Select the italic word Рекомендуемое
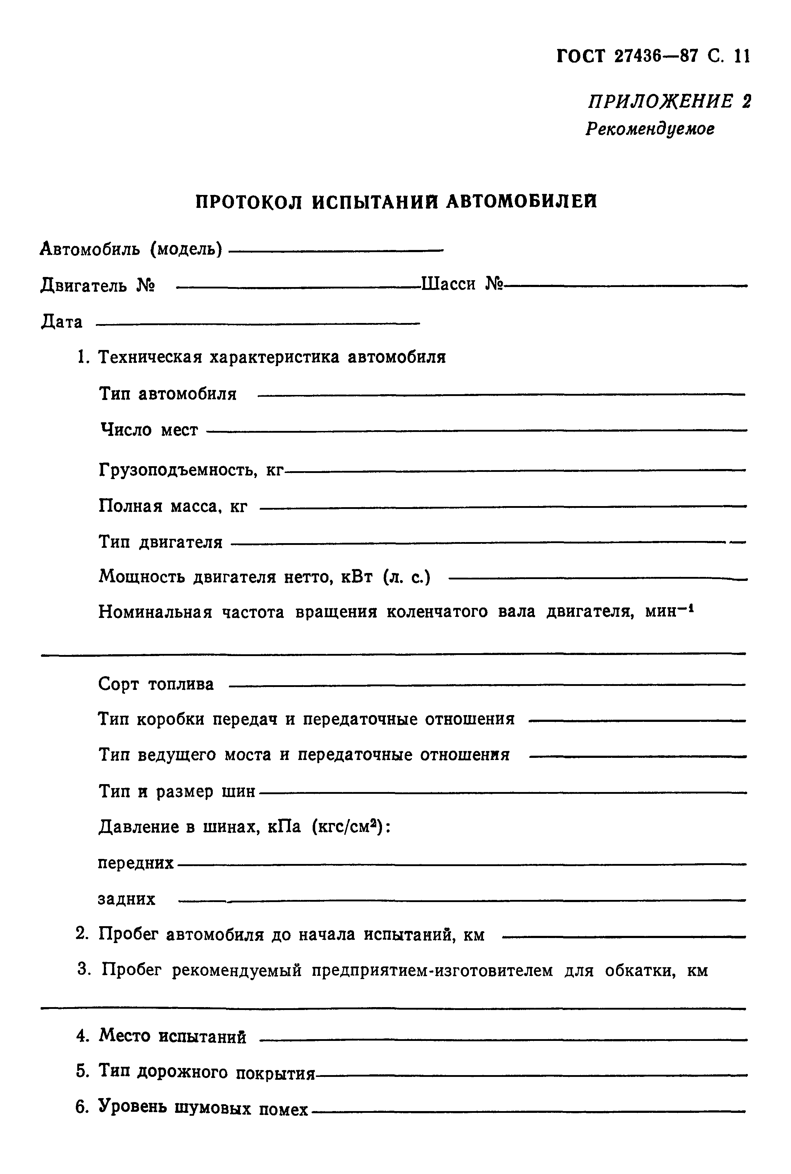(650, 129)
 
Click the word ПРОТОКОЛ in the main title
(249, 202)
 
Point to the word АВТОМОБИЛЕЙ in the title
(521, 201)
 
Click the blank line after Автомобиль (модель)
(335, 250)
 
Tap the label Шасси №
(463, 284)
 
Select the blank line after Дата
(257, 323)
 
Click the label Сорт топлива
(156, 684)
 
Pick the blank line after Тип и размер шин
(502, 792)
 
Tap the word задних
(127, 900)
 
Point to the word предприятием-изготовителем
(432, 970)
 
